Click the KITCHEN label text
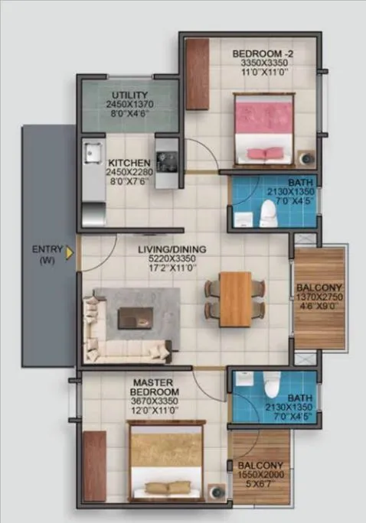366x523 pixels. tap(129, 163)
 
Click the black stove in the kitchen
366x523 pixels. tap(165, 158)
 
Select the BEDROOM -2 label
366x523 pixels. tap(262, 54)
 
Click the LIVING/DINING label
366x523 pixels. tap(169, 250)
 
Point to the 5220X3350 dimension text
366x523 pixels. tap(169, 260)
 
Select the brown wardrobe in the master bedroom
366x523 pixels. tap(94, 466)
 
